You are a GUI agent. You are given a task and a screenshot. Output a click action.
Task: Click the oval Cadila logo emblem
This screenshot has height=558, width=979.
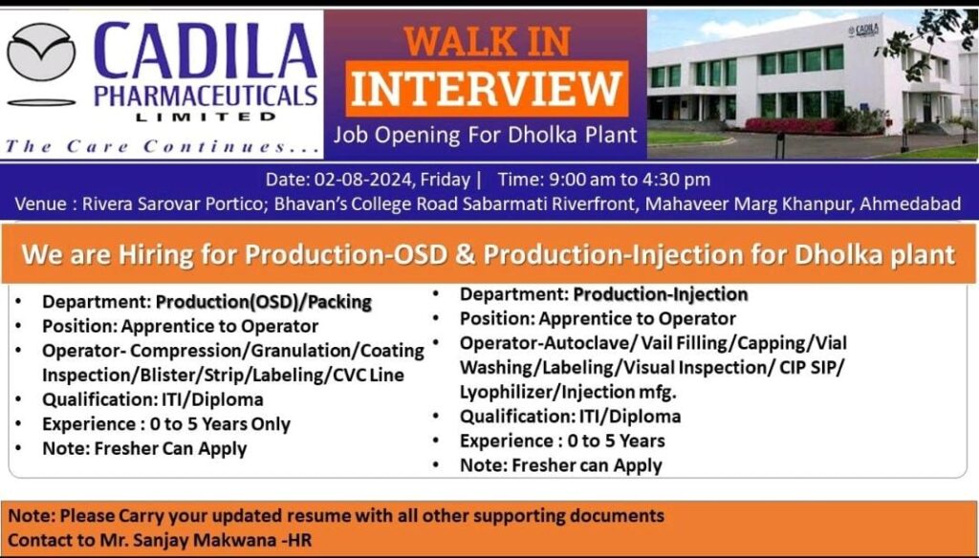(41, 53)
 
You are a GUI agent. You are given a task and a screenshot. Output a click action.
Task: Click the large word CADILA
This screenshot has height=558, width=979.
(207, 52)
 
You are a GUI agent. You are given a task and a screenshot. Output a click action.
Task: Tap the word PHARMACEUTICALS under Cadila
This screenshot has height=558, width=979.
(207, 97)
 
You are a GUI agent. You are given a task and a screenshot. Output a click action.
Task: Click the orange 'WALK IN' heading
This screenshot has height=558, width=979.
(487, 42)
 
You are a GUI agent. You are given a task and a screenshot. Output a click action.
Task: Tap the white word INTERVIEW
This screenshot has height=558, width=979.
(487, 88)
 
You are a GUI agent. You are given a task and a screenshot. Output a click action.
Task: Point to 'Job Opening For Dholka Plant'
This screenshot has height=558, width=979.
(486, 135)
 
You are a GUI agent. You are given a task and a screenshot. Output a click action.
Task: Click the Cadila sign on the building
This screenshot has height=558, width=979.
(863, 30)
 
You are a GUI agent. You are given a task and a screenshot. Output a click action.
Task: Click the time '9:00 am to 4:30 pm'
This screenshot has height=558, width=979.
(629, 180)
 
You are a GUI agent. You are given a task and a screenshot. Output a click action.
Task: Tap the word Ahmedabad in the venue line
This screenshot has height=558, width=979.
(910, 204)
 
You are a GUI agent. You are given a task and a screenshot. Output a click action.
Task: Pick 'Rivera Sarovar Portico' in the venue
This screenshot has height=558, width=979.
(172, 204)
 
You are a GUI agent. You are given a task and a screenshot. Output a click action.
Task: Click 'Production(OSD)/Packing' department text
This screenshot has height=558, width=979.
(264, 302)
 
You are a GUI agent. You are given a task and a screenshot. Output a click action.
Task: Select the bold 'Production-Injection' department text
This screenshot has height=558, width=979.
(661, 294)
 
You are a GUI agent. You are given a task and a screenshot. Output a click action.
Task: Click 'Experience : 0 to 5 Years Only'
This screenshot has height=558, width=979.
(166, 424)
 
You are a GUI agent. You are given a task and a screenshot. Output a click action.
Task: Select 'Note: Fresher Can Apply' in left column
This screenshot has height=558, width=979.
(144, 449)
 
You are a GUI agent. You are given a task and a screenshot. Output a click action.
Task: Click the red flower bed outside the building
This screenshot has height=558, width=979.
(792, 125)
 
